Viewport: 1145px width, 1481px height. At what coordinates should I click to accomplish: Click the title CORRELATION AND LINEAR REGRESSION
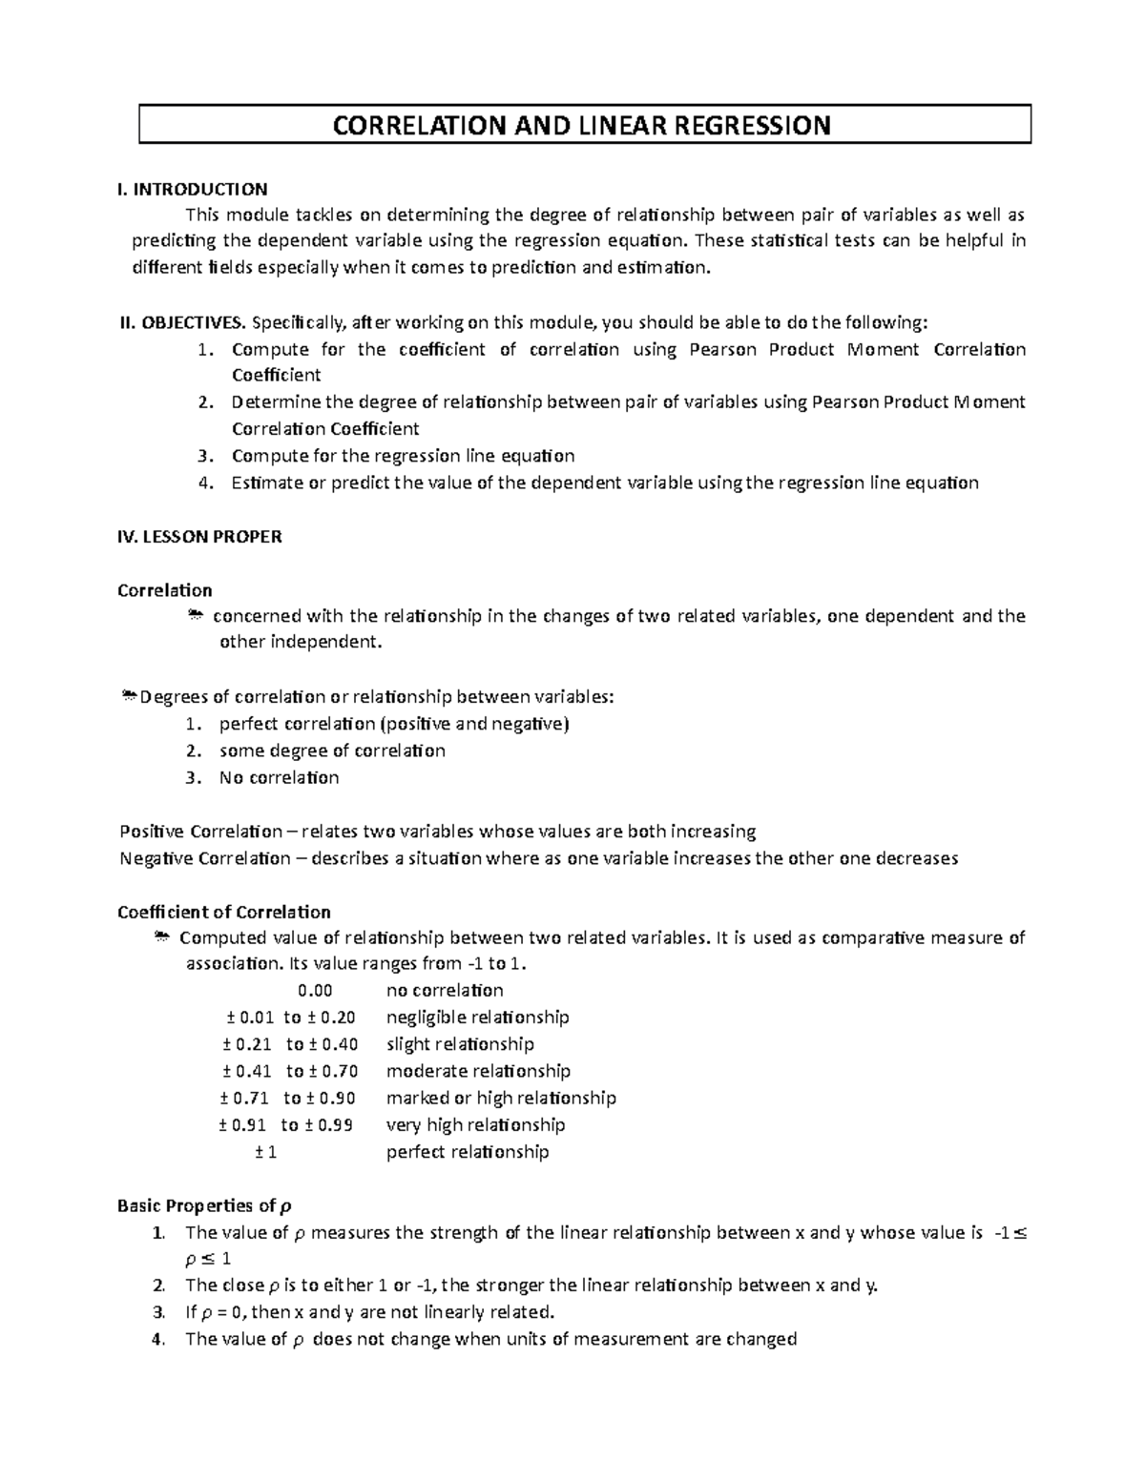click(x=580, y=125)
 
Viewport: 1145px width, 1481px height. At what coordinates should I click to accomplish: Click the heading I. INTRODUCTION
click(x=192, y=188)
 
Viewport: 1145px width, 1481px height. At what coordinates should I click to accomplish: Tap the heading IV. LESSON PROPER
click(x=199, y=537)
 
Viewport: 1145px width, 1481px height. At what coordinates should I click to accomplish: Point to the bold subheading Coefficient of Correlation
click(x=223, y=912)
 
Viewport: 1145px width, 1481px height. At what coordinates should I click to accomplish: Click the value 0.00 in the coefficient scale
click(x=315, y=990)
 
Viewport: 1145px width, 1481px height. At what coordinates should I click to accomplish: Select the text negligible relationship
click(x=477, y=1017)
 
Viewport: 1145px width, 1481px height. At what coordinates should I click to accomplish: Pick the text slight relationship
click(x=459, y=1044)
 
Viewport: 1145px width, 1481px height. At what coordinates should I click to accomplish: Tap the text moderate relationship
click(x=478, y=1071)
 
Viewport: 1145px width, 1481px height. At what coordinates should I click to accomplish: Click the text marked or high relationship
click(x=501, y=1098)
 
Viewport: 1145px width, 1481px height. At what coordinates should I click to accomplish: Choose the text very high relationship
click(x=475, y=1124)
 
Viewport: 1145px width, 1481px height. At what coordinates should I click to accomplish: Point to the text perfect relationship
click(x=468, y=1152)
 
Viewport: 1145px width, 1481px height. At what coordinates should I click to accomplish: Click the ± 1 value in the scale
click(x=266, y=1152)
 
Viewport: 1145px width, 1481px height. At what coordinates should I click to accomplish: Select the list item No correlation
click(x=279, y=777)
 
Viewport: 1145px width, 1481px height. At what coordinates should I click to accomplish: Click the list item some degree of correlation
click(x=332, y=751)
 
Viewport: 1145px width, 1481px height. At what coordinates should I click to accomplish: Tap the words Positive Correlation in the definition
click(x=200, y=831)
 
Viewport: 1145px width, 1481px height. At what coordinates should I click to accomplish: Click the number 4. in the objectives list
click(x=202, y=483)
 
